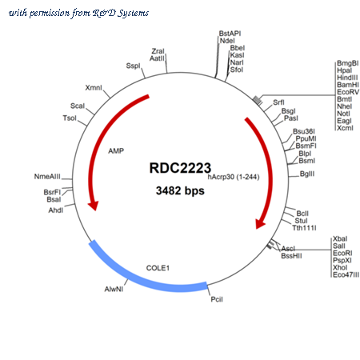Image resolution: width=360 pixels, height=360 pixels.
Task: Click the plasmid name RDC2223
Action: pyautogui.click(x=180, y=168)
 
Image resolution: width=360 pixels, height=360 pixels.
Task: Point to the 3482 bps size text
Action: pyautogui.click(x=180, y=190)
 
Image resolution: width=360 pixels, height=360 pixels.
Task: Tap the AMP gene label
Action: pyautogui.click(x=116, y=151)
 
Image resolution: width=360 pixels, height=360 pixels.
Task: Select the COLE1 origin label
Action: pyautogui.click(x=158, y=268)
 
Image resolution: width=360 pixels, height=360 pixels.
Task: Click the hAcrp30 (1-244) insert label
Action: pyautogui.click(x=234, y=177)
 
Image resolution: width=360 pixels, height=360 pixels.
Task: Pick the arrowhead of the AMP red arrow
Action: pyautogui.click(x=94, y=206)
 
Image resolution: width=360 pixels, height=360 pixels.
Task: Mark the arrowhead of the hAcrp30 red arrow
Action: pyautogui.click(x=260, y=223)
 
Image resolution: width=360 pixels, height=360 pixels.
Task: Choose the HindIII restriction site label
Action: pyautogui.click(x=347, y=78)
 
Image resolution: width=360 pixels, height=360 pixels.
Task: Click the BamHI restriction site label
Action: pyautogui.click(x=348, y=85)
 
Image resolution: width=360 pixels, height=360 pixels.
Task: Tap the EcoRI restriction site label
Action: pyautogui.click(x=342, y=253)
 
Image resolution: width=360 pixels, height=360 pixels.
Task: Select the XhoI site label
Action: pyautogui.click(x=340, y=267)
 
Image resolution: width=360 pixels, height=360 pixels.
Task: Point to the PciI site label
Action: pyautogui.click(x=217, y=299)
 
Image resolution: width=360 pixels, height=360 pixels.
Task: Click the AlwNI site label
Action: pyautogui.click(x=114, y=289)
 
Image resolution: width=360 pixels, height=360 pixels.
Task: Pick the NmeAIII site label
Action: pyautogui.click(x=47, y=177)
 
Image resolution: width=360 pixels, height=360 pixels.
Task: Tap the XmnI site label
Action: pyautogui.click(x=94, y=87)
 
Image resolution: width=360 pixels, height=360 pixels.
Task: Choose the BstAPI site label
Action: pyautogui.click(x=230, y=34)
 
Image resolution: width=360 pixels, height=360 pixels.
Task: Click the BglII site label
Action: pyautogui.click(x=307, y=174)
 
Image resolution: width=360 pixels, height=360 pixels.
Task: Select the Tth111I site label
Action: pyautogui.click(x=304, y=228)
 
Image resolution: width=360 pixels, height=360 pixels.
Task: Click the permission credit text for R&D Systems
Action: pyautogui.click(x=78, y=13)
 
